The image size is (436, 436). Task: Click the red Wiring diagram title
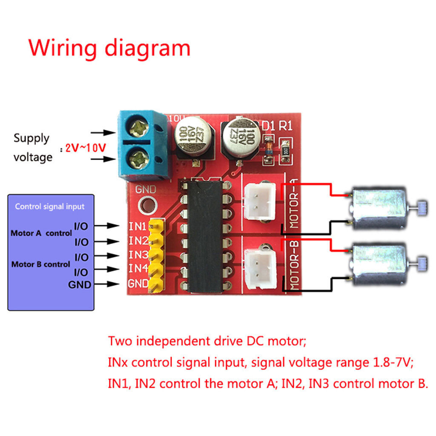pos(109,48)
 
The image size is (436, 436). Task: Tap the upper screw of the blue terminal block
pos(139,126)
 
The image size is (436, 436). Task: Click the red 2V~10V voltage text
pos(85,148)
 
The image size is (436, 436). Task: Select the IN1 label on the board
pos(138,226)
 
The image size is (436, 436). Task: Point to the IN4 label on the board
pos(138,268)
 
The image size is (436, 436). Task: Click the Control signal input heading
pos(50,207)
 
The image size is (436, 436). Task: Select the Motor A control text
pos(41,233)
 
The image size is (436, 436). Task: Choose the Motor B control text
pos(40,264)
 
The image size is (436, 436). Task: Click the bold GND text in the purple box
pos(80,285)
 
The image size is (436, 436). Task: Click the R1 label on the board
pos(285,126)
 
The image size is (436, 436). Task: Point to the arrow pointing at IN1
pos(112,225)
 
